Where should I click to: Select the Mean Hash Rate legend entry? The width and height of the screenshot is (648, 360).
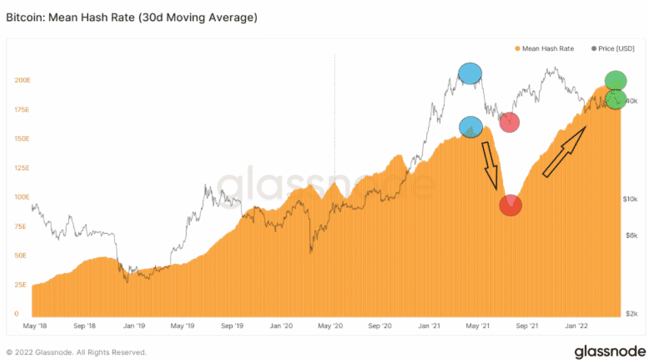(544, 48)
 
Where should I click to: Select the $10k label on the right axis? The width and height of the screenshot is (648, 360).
(630, 198)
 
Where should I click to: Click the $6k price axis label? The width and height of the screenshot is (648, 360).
(631, 235)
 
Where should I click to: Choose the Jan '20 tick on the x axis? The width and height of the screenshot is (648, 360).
(280, 327)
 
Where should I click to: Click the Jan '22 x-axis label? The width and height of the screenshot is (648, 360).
(575, 327)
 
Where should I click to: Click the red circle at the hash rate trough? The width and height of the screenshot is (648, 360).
(510, 205)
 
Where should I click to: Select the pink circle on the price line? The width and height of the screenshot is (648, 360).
(509, 122)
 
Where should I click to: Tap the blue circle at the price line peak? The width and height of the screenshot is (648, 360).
(470, 73)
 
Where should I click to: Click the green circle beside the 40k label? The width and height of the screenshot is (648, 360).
(616, 99)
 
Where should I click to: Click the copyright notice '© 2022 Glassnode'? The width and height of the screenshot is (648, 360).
(76, 352)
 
